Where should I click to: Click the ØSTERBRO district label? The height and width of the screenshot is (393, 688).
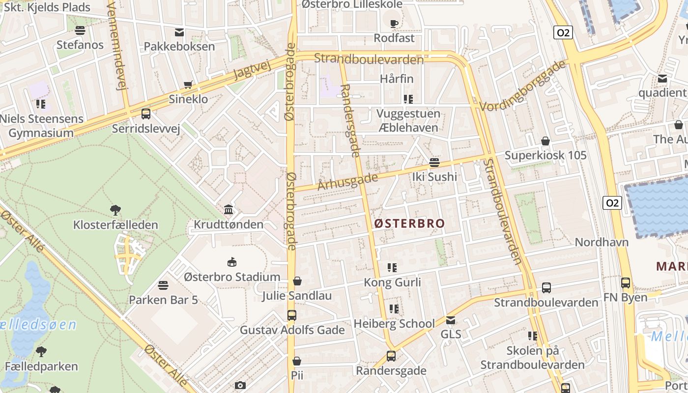(409, 224)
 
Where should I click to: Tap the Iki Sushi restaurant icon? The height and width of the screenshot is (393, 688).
(434, 162)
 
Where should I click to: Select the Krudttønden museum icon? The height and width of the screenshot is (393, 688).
(229, 210)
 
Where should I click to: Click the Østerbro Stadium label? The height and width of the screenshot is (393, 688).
(232, 277)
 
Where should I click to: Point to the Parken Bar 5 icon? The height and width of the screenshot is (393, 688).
(163, 285)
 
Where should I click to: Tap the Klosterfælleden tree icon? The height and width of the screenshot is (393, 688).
(115, 210)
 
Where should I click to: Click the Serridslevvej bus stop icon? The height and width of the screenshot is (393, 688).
(146, 114)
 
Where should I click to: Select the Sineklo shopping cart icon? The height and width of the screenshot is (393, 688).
(188, 85)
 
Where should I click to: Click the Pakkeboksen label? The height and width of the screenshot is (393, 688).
(179, 47)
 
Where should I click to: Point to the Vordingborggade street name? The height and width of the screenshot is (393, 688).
(523, 86)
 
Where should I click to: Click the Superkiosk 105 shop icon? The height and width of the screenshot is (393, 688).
(545, 141)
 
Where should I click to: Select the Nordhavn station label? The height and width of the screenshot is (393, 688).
(602, 242)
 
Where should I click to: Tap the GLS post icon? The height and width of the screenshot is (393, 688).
(450, 320)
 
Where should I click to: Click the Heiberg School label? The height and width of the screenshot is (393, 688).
(394, 323)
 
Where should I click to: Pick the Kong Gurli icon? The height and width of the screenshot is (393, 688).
(392, 268)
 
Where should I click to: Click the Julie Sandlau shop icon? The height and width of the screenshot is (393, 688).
(297, 281)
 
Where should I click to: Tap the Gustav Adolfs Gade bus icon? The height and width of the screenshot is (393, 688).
(292, 315)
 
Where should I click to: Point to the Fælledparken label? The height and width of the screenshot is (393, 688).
(41, 366)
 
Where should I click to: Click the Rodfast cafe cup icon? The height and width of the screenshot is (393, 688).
(394, 24)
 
